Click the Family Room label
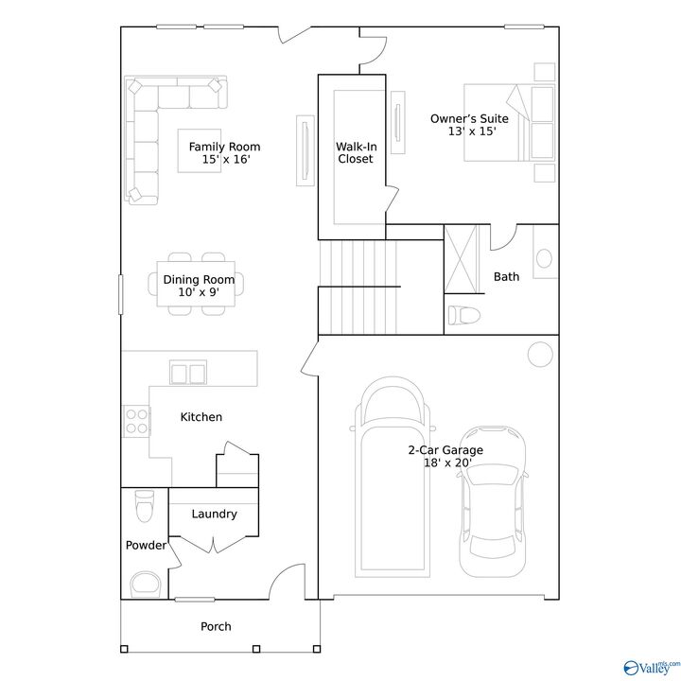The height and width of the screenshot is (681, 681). [224, 152]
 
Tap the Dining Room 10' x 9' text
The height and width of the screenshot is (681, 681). [198, 286]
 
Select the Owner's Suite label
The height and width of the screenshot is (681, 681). [469, 125]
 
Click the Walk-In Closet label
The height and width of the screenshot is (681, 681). [355, 153]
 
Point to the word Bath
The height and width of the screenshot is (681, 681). [506, 277]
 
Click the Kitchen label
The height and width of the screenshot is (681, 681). [201, 417]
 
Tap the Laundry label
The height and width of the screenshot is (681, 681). [214, 515]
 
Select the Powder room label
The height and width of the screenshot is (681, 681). [146, 546]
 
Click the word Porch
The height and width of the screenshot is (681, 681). [216, 626]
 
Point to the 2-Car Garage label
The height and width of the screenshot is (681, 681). [445, 457]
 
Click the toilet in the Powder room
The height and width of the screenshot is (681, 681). [144, 506]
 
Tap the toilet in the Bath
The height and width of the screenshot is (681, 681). [464, 315]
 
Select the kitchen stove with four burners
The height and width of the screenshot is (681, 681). [136, 419]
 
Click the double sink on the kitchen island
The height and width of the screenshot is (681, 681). [189, 372]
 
